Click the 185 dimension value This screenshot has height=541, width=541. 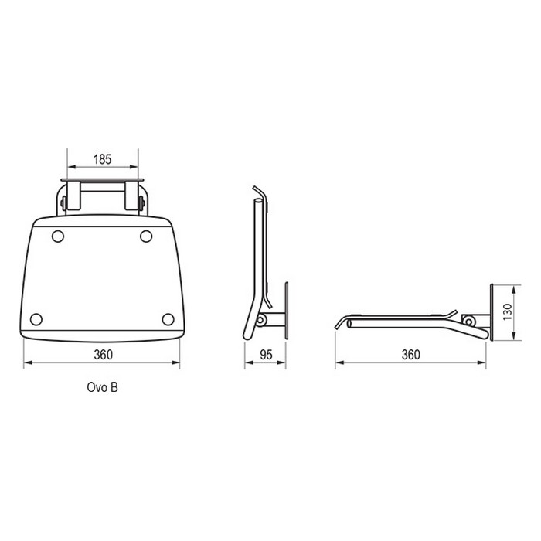point(103,159)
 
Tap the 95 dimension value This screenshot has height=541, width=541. point(266,355)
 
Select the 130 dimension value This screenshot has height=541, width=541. point(508,312)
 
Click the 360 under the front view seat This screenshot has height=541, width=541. point(103,355)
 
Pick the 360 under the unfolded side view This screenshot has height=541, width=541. point(410,355)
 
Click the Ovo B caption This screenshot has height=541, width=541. point(103,387)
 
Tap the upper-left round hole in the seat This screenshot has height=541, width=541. point(58,236)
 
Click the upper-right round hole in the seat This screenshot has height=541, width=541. point(146,236)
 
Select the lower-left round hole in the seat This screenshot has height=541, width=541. point(36,319)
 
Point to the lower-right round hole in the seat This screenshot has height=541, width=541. point(168,319)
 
